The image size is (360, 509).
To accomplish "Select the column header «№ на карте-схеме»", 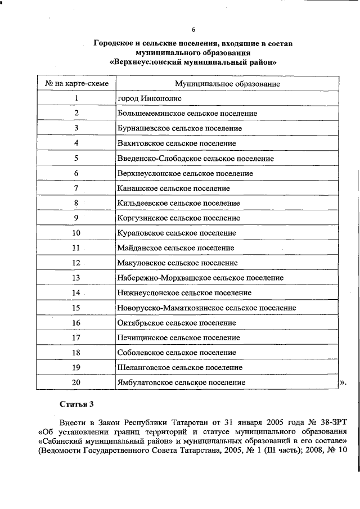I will click(x=76, y=83).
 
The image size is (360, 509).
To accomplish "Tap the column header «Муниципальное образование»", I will click(x=227, y=83).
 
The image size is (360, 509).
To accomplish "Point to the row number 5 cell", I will click(x=76, y=159).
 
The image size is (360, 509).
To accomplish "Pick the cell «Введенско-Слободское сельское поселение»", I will click(x=195, y=159).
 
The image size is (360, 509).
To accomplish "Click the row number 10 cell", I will click(x=76, y=233).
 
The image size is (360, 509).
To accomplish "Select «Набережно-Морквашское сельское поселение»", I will click(x=200, y=278).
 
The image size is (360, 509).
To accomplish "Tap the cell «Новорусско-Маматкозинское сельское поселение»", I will click(x=206, y=308).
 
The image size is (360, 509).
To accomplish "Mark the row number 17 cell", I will click(x=76, y=337).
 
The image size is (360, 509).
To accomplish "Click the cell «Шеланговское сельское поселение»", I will click(x=180, y=367).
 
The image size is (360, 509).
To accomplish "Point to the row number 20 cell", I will click(x=76, y=382).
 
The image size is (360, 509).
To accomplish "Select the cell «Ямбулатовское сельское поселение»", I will click(x=181, y=382).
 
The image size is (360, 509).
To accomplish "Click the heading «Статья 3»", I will click(x=75, y=404).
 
